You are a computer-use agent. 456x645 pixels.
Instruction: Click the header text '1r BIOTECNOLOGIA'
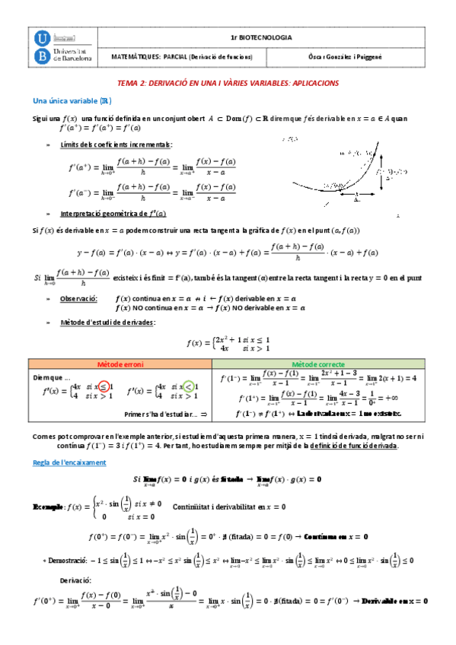click(x=261, y=37)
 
